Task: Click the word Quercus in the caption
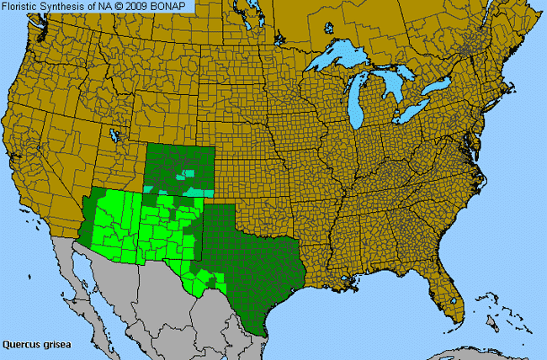21,344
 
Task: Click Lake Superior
337,61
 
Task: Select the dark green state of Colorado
177,164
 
